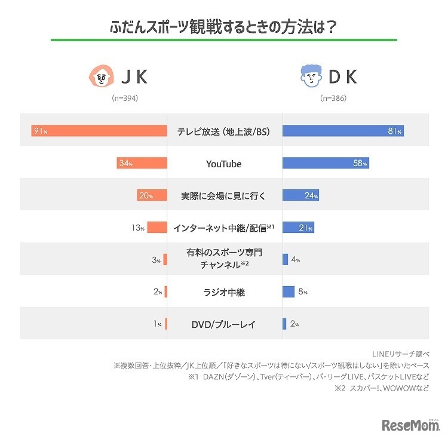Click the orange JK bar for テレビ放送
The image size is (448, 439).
point(99,131)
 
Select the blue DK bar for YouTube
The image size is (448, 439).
point(326,163)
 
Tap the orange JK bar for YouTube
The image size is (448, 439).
point(142,163)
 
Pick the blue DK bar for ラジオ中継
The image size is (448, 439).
point(289,291)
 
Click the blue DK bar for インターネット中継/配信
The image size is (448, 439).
point(298,228)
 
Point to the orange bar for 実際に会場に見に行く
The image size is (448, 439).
point(152,195)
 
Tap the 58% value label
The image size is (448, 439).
point(360,163)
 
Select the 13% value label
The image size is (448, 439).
point(138,228)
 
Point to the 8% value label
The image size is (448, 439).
point(302,292)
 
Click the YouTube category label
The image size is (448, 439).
point(224,163)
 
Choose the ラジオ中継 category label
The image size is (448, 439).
point(224,292)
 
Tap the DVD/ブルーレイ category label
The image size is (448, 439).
point(224,324)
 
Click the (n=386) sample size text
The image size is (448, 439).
point(333,98)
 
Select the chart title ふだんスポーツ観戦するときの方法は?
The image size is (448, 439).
point(224,27)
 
